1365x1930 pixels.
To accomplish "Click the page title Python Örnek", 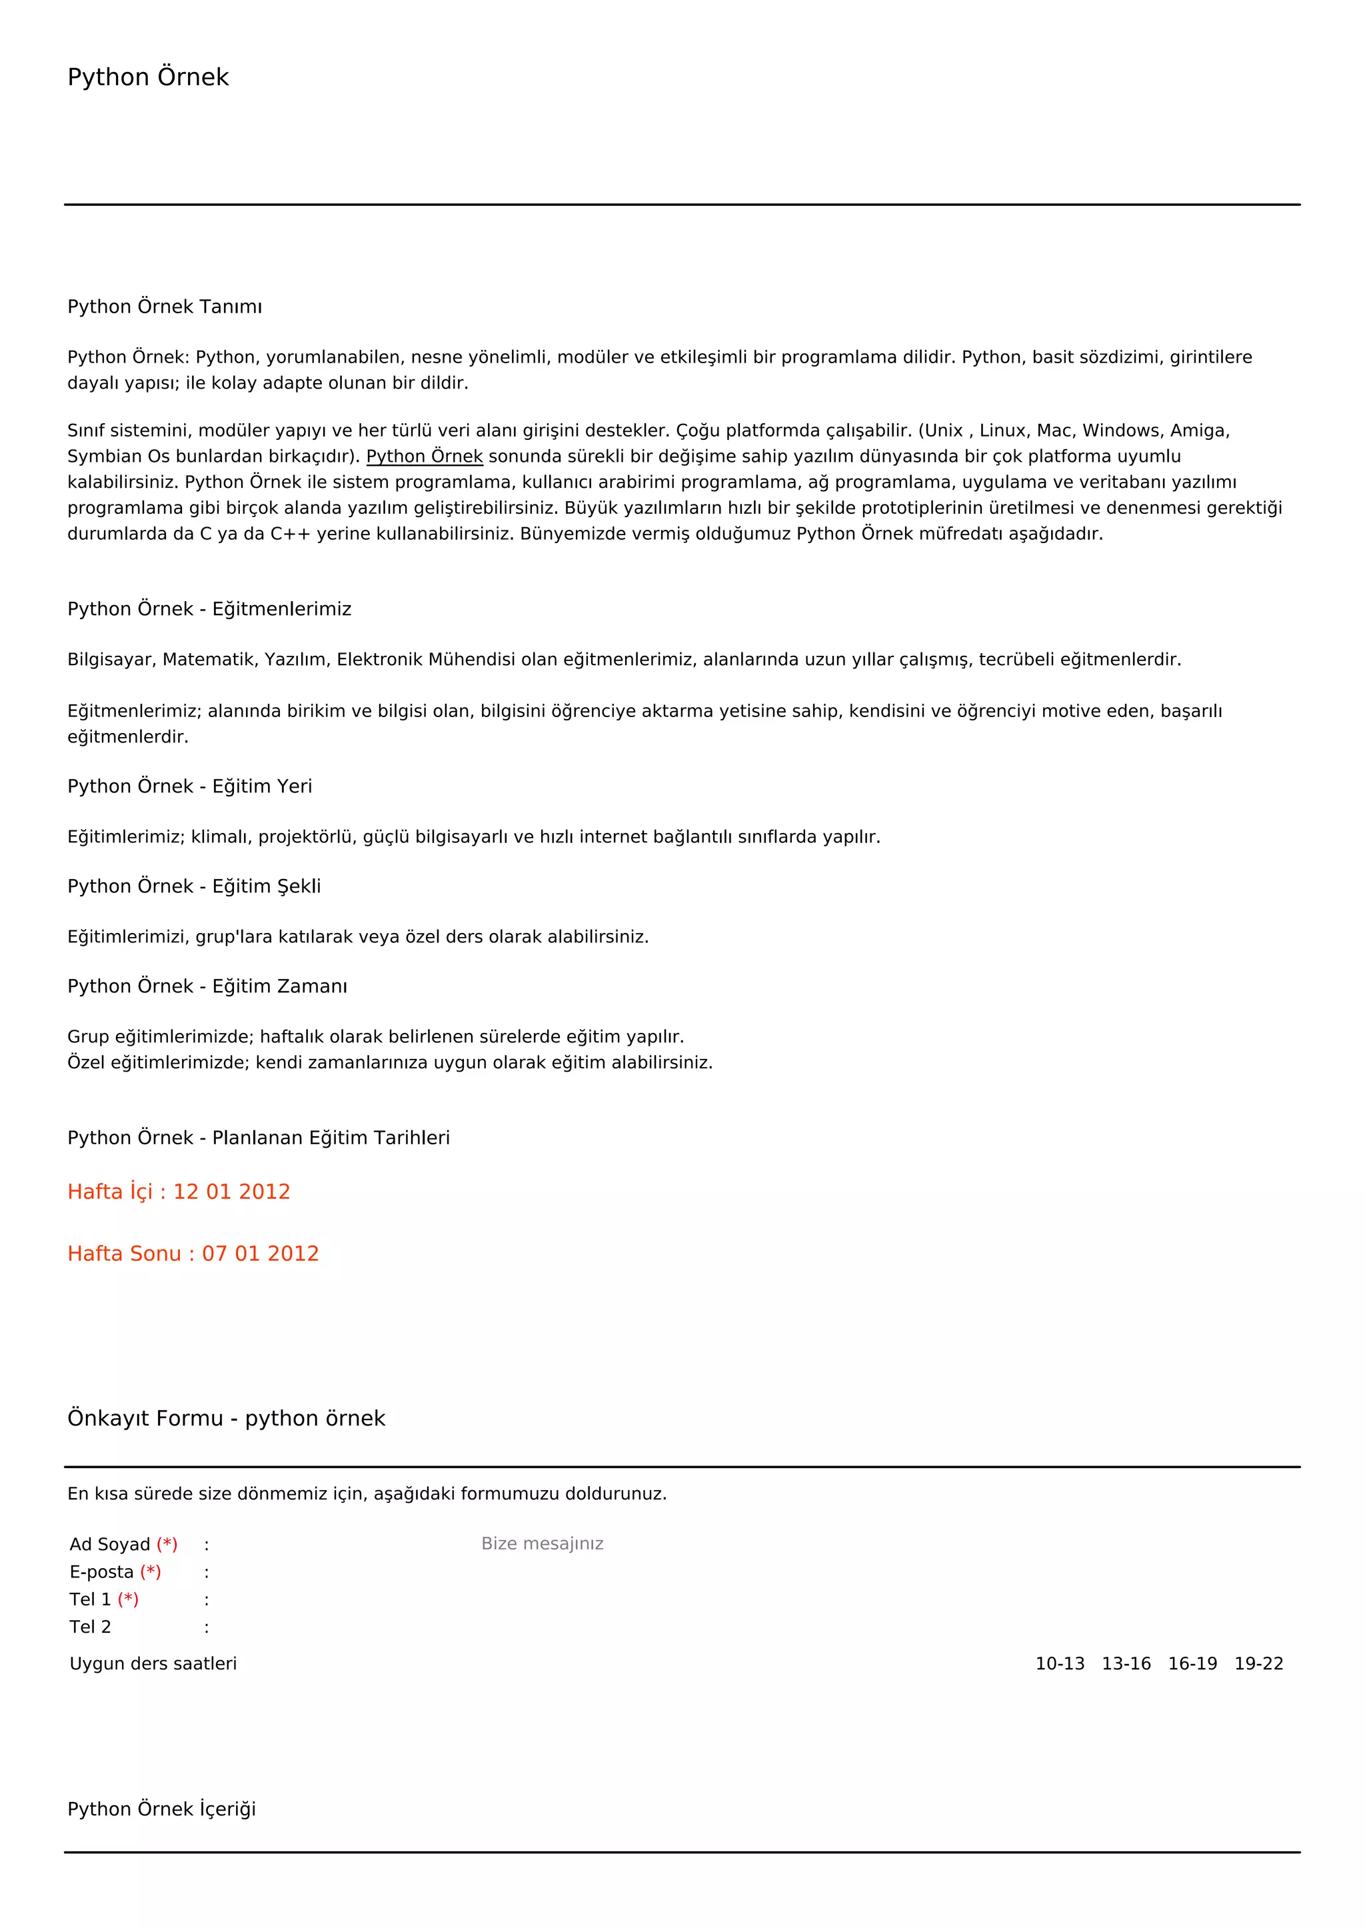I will pyautogui.click(x=148, y=77).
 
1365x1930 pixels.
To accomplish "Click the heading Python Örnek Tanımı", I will pyautogui.click(x=165, y=307).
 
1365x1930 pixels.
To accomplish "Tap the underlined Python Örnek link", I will pyautogui.click(x=425, y=457).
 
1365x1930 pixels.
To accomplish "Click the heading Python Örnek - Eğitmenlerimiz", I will pyautogui.click(x=209, y=609).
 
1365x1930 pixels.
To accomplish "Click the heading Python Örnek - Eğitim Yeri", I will pyautogui.click(x=189, y=787).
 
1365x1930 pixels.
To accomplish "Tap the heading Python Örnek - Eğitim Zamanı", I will pyautogui.click(x=207, y=987).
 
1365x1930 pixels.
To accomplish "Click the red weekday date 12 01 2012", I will pyautogui.click(x=231, y=1192).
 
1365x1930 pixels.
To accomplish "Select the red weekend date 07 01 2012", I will pyautogui.click(x=260, y=1254).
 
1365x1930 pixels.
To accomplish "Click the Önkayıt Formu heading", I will pyautogui.click(x=226, y=1419).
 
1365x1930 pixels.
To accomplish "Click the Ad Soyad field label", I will pyautogui.click(x=110, y=1545).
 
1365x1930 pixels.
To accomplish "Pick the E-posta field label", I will pyautogui.click(x=102, y=1573).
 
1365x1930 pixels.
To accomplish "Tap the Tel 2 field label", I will pyautogui.click(x=90, y=1627).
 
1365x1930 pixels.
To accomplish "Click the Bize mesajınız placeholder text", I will pyautogui.click(x=542, y=1544).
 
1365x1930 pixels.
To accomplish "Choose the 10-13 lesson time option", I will pyautogui.click(x=1059, y=1664).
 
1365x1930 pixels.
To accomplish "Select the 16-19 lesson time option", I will pyautogui.click(x=1192, y=1664).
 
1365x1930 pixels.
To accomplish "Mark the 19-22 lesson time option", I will pyautogui.click(x=1258, y=1664).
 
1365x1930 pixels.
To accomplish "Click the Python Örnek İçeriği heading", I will pyautogui.click(x=161, y=1810).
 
